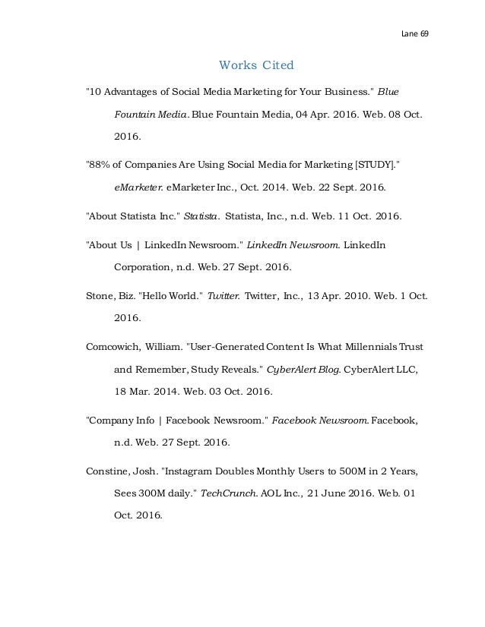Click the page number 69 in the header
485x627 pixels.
point(423,34)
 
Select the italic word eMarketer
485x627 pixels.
point(137,187)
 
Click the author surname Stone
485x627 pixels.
point(100,295)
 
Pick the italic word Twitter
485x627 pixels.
point(223,295)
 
